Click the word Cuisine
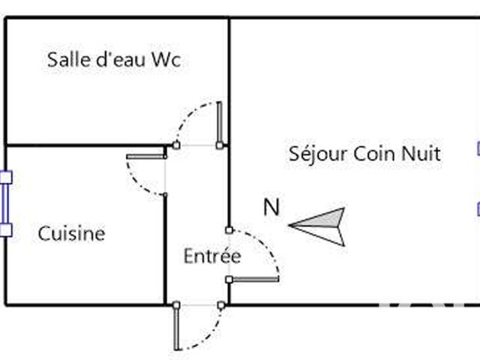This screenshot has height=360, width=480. point(71,233)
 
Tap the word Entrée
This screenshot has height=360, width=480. point(212,256)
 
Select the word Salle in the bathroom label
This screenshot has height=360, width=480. point(64,60)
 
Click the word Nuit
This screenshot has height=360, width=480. point(421,154)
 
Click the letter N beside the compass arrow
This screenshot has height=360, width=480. point(271,208)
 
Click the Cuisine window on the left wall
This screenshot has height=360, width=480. point(6,203)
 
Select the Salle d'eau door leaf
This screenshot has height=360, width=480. point(219,123)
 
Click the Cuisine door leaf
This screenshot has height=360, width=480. point(145,157)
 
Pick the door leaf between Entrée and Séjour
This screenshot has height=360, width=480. point(255,280)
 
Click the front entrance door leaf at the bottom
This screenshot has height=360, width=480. point(176,328)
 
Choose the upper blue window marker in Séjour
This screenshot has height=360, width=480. point(478,148)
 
